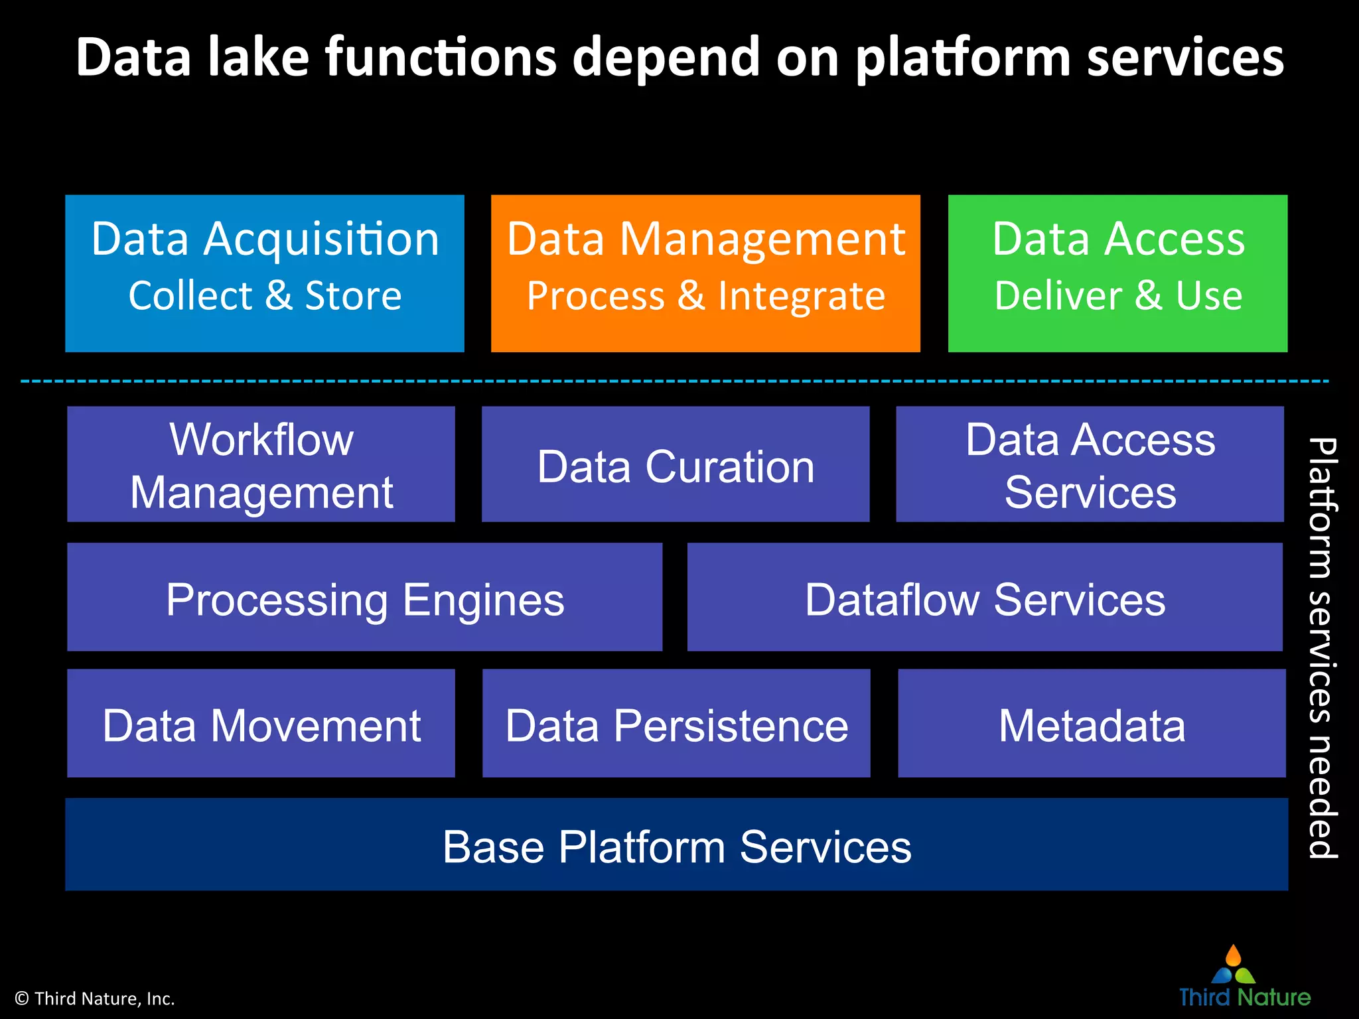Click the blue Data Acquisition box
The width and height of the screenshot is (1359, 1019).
[x=264, y=273]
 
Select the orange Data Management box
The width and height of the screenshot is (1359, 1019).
[x=705, y=273]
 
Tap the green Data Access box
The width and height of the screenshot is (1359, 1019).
[x=1117, y=273]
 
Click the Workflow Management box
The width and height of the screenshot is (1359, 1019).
[x=261, y=464]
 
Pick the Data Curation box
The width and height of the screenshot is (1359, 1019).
[x=675, y=464]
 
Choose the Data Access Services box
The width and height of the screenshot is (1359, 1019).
[x=1090, y=464]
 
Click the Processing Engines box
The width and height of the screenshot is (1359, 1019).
[x=364, y=596]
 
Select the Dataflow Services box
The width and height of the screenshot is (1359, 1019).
[x=985, y=596]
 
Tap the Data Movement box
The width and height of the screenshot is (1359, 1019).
[x=261, y=723]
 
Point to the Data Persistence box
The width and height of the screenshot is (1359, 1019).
[x=676, y=723]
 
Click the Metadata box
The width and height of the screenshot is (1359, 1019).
[x=1092, y=723]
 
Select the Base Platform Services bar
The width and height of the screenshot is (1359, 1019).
[x=676, y=845]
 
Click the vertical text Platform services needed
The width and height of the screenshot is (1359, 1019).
[x=1322, y=647]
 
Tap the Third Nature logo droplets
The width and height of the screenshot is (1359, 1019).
[x=1233, y=965]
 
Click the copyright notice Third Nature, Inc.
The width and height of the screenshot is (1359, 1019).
[x=95, y=998]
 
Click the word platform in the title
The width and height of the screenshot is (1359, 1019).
[x=963, y=58]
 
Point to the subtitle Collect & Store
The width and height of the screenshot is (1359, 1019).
[x=265, y=295]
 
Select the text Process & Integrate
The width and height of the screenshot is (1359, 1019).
[x=705, y=295]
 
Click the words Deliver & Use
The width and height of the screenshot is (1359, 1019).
[x=1118, y=295]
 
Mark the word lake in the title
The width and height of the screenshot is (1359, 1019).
[x=258, y=57]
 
